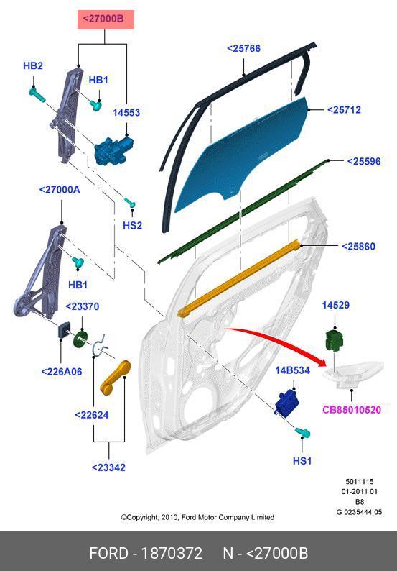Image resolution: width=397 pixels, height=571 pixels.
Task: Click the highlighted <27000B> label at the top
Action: tap(106, 19)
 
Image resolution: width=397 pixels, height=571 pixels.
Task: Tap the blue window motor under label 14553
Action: tap(112, 150)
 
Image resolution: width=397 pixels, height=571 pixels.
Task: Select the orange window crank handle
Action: tap(115, 378)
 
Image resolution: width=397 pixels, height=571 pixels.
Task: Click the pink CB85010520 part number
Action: tap(352, 410)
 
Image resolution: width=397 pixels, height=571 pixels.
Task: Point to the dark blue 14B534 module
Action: tap(288, 402)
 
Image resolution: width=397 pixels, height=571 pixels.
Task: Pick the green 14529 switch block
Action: tap(334, 341)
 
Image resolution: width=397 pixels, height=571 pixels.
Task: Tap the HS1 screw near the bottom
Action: tap(302, 432)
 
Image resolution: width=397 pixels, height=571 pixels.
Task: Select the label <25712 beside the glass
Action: tap(344, 109)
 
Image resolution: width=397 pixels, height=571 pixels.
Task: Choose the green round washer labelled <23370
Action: tap(81, 339)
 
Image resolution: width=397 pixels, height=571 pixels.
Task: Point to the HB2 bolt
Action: tap(37, 94)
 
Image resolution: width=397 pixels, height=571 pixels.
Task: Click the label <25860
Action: tap(358, 247)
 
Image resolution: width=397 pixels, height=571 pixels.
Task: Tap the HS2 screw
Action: tap(131, 202)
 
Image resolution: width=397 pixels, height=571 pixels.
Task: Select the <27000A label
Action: tap(60, 190)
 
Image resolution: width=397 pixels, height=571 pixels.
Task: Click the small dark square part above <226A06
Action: tap(64, 329)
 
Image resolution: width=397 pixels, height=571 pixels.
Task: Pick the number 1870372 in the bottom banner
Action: tap(172, 554)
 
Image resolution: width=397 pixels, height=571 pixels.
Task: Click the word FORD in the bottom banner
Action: tap(108, 554)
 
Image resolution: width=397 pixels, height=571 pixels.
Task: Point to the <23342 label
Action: tap(108, 467)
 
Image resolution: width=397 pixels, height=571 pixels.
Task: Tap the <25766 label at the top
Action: tap(243, 48)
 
